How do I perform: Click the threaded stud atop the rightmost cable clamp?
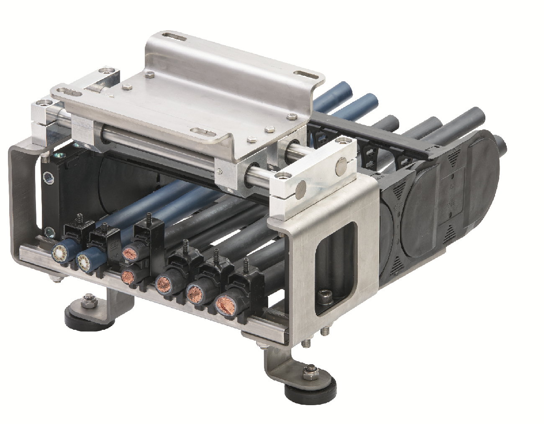(x=244, y=265)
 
